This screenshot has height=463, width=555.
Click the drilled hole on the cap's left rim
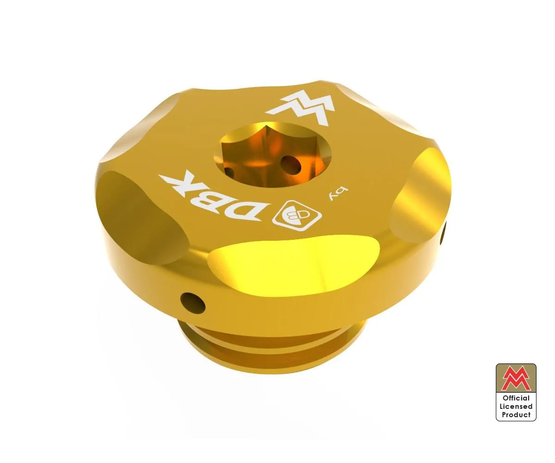(192, 303)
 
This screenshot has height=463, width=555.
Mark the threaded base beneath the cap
(273, 347)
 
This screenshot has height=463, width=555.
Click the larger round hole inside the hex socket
(290, 164)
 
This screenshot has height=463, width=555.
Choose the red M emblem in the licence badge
(516, 379)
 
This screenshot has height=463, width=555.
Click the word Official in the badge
(516, 398)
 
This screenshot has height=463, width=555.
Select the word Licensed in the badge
(516, 407)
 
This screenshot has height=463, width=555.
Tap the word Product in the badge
(516, 415)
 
